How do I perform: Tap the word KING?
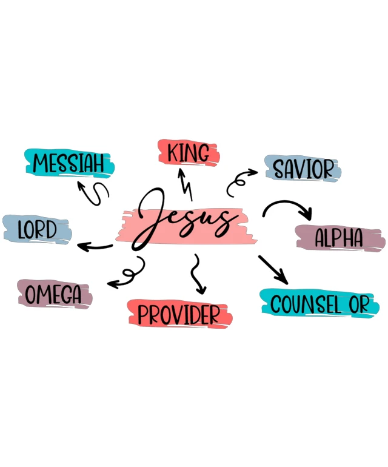[x=188, y=153]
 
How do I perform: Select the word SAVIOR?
[x=304, y=169]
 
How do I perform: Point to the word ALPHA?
[x=339, y=237]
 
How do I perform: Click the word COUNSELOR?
[x=320, y=304]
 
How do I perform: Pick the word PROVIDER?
[x=179, y=315]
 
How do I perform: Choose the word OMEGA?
[x=53, y=294]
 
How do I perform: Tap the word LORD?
[x=37, y=230]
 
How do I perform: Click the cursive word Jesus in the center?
[x=184, y=219]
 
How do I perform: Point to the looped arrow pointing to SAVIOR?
[x=238, y=182]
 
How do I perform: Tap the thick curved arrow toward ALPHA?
[x=287, y=202]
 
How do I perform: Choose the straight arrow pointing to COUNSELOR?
[x=273, y=269]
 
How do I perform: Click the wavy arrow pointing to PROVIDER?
[x=197, y=274]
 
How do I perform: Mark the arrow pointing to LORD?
[x=95, y=247]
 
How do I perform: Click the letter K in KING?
[x=172, y=153]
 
